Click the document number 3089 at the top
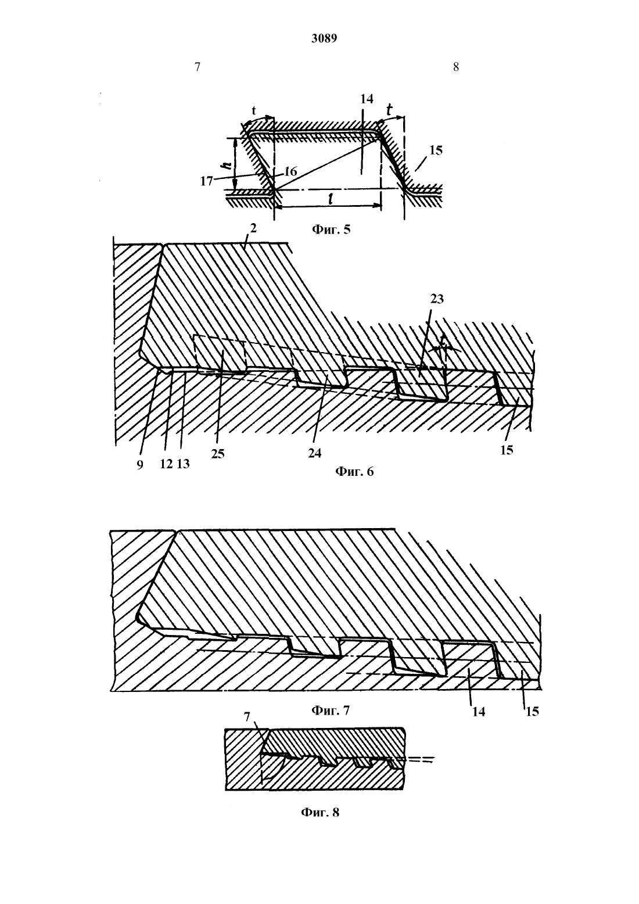click(x=324, y=38)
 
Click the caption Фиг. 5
click(x=331, y=229)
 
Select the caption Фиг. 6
click(x=354, y=471)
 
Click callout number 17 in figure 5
click(x=206, y=182)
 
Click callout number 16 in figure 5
click(x=290, y=171)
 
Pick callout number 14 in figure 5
click(x=367, y=99)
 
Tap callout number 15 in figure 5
click(x=436, y=150)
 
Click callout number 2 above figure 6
click(x=253, y=228)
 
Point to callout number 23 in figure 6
click(x=437, y=299)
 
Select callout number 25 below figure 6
click(x=218, y=454)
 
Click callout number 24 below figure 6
click(x=315, y=453)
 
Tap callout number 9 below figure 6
click(x=139, y=465)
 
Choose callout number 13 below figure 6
click(x=183, y=464)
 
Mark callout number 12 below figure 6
click(x=166, y=464)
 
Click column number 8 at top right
click(x=456, y=67)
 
